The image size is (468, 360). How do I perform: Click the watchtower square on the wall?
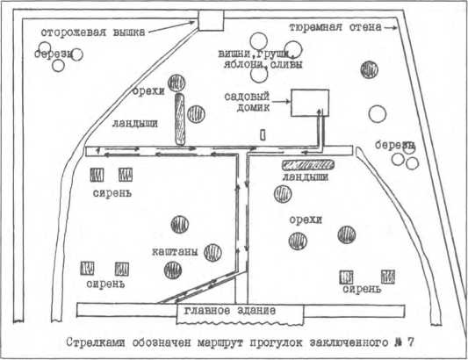coord(211,20)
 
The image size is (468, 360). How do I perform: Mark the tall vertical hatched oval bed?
coord(179,120)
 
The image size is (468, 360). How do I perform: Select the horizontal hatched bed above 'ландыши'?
coord(307,164)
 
